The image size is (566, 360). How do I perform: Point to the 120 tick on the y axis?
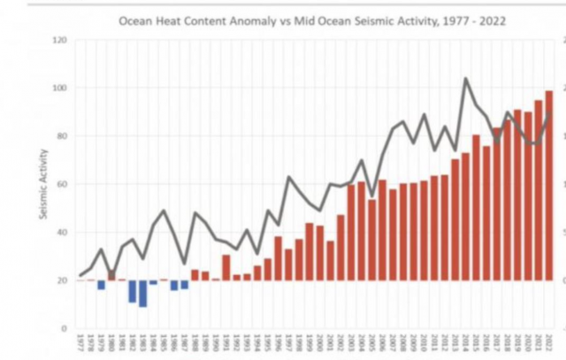pyautogui.click(x=60, y=41)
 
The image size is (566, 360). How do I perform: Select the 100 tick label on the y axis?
pyautogui.click(x=60, y=88)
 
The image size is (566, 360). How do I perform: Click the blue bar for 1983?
pyautogui.click(x=142, y=294)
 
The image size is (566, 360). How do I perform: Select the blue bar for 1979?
pyautogui.click(x=101, y=285)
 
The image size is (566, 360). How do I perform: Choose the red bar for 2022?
pyautogui.click(x=549, y=186)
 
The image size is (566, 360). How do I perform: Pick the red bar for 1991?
pyautogui.click(x=226, y=268)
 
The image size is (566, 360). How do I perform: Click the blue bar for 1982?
pyautogui.click(x=132, y=291)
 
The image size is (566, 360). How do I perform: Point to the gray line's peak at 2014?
pyautogui.click(x=465, y=79)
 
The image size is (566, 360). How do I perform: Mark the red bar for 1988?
pyautogui.click(x=195, y=275)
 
